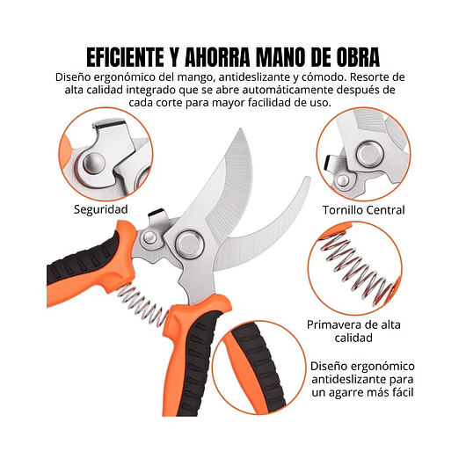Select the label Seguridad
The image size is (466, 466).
point(101,209)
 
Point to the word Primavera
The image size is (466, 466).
point(331,324)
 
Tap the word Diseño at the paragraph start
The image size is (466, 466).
point(74,76)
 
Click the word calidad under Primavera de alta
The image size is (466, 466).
point(353,338)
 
